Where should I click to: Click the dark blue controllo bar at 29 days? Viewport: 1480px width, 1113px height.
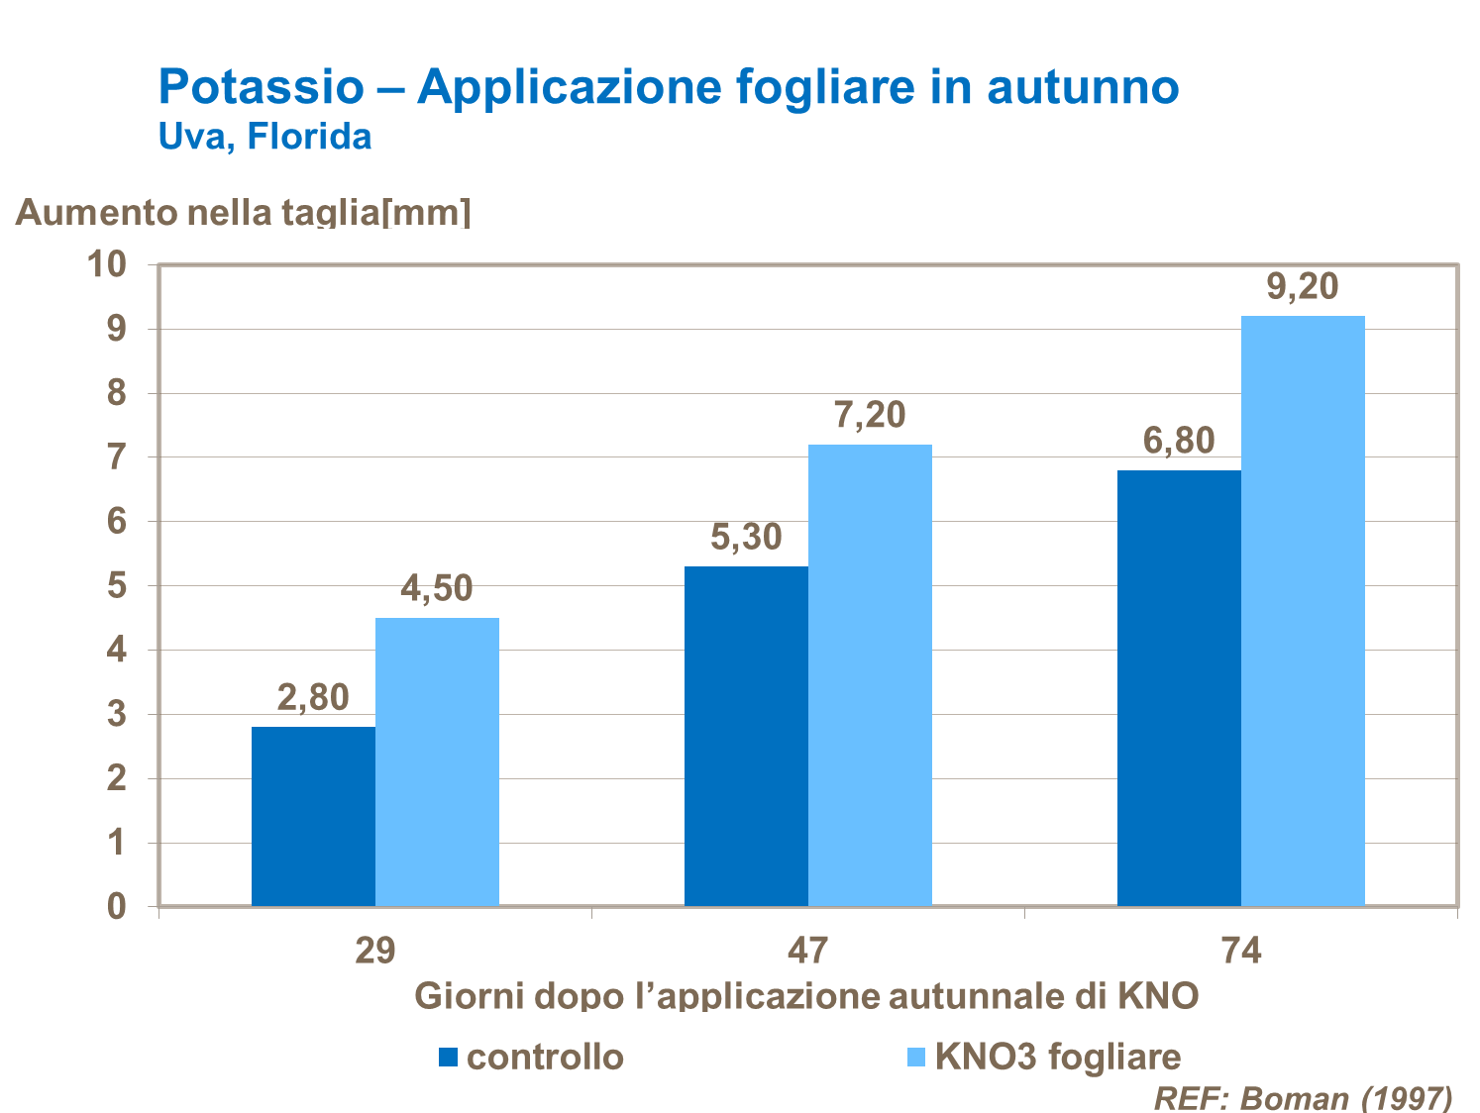tap(313, 816)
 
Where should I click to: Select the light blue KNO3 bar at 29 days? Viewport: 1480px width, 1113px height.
tap(437, 761)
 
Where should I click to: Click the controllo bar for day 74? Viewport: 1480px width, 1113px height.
tap(1179, 687)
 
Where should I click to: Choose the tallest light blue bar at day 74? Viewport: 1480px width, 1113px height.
tap(1303, 610)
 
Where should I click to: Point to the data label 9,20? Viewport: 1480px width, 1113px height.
tap(1303, 287)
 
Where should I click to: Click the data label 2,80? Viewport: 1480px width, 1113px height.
tap(313, 698)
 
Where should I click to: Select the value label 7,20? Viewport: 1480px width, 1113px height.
tap(870, 416)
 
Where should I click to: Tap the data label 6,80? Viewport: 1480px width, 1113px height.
tap(1179, 442)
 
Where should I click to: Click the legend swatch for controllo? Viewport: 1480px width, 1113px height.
tap(448, 1058)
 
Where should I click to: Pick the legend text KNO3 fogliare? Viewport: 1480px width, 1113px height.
tap(1058, 1058)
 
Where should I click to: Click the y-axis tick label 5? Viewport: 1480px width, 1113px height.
tap(117, 586)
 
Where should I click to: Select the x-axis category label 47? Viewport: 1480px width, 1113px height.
tap(807, 951)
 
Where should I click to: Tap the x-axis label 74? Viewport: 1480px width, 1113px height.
tap(1241, 951)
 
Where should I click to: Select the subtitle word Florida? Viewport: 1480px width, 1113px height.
tap(309, 137)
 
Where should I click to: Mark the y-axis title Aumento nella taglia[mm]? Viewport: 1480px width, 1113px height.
tap(244, 212)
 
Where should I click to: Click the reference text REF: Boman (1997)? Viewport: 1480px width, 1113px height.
tap(1304, 1097)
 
